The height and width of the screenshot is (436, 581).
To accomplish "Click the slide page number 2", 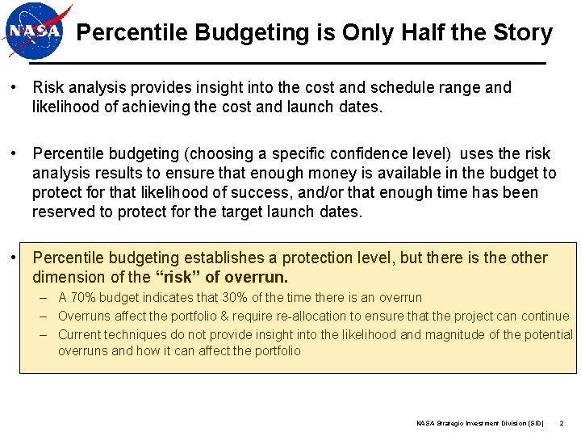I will click(561, 422).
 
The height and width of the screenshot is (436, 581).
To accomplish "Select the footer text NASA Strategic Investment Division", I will click(479, 422).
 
